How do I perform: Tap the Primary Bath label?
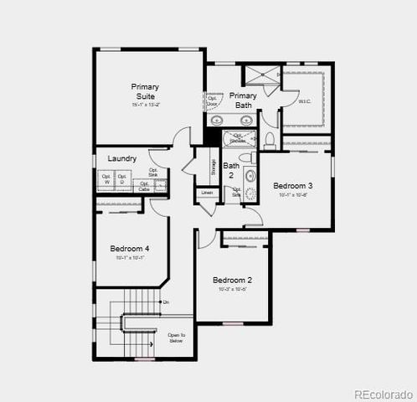pos(243,100)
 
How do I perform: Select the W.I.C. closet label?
pos(305,101)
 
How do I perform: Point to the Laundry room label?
pos(122,157)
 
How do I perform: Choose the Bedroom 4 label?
pos(129,248)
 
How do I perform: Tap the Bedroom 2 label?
pos(232,280)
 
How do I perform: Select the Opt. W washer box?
pos(107,179)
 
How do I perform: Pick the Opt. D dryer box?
pos(122,179)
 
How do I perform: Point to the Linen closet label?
pos(207,193)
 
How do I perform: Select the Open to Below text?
pos(175,338)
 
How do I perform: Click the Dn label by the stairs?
pos(166,301)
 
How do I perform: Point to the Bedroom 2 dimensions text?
pos(232,290)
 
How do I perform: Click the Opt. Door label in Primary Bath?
pos(210,100)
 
